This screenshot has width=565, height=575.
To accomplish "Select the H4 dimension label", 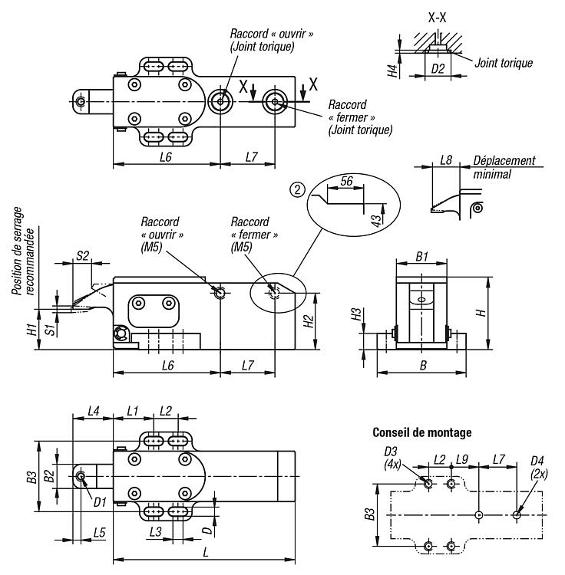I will pyautogui.click(x=392, y=71).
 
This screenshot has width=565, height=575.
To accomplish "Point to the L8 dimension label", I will pyautogui.click(x=447, y=162).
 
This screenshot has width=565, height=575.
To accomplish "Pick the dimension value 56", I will pyautogui.click(x=345, y=181).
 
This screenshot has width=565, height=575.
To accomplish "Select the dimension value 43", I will pyautogui.click(x=376, y=219).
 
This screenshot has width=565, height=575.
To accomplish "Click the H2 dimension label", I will pyautogui.click(x=306, y=322).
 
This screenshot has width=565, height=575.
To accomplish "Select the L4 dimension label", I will pyautogui.click(x=93, y=411).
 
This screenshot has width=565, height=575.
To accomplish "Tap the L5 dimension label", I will pyautogui.click(x=99, y=531).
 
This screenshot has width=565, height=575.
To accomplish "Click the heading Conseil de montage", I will pyautogui.click(x=421, y=432).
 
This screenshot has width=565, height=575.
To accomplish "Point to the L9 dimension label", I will pyautogui.click(x=461, y=459).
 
